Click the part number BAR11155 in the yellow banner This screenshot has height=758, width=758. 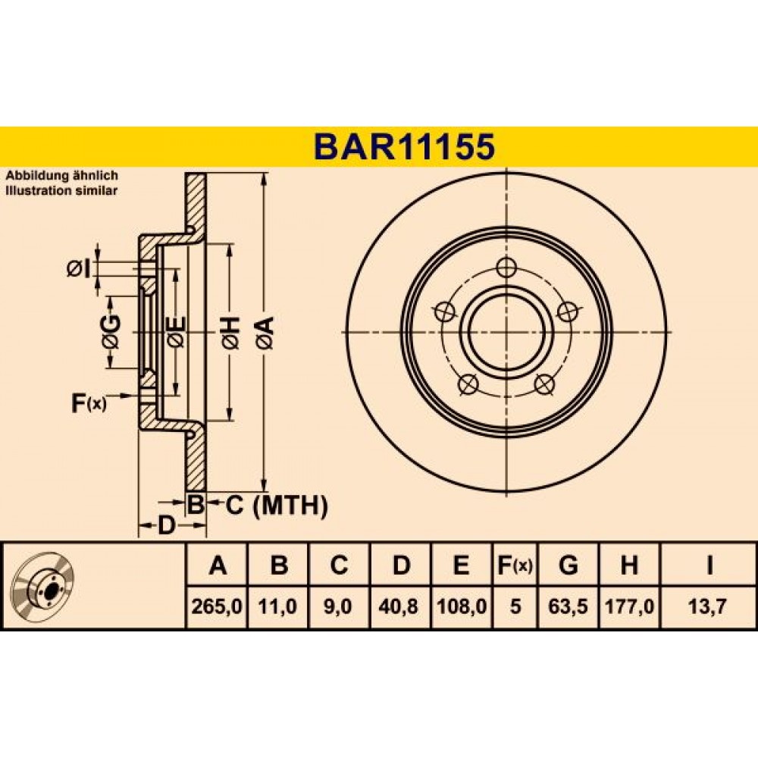pos(404,146)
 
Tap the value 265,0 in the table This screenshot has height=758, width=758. pos(217,606)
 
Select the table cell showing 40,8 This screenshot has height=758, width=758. pos(399,606)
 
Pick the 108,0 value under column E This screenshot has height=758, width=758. pos(462,606)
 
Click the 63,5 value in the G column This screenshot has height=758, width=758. pos(568,606)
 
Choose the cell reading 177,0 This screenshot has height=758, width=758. pos(629,606)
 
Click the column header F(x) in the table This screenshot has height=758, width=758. pos(515,565)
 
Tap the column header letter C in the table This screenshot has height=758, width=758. pos(339,565)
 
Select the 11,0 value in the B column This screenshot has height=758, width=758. pos(277,606)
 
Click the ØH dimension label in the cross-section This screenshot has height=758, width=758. pos(230,333)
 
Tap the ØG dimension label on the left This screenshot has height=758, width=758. pos(111,332)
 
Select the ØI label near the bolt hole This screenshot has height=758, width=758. pos(79,269)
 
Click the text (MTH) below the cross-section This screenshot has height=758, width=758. pos(290,506)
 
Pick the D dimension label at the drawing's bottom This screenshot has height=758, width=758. pos(166,525)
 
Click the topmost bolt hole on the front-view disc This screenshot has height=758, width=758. pos(506,268)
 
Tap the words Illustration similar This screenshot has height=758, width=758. pos(61,190)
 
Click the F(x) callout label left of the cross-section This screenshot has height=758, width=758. pos(89,403)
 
